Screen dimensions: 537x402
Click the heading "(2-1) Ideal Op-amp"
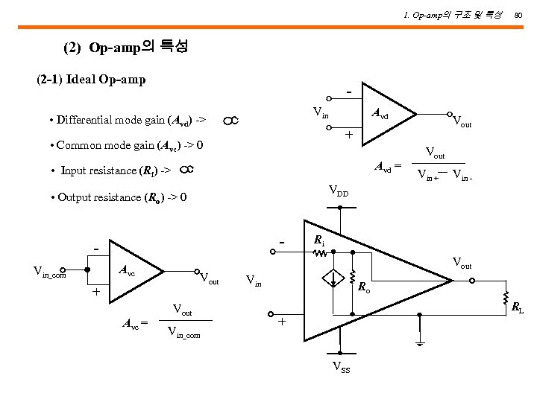click(x=91, y=79)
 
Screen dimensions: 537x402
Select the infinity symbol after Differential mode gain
click(x=230, y=120)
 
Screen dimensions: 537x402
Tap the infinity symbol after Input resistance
click(x=187, y=170)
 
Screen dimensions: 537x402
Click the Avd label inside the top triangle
click(x=380, y=116)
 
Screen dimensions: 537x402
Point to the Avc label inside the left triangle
click(x=128, y=272)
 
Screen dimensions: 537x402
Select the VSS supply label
click(x=342, y=369)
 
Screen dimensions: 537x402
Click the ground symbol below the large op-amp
click(x=420, y=345)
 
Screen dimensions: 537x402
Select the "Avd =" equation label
click(x=388, y=165)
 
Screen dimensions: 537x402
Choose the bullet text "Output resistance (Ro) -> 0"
click(x=118, y=197)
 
